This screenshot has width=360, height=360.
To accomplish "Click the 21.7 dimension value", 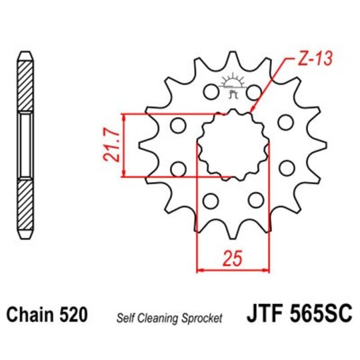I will (x=111, y=146).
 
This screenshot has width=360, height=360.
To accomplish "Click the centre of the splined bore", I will (x=233, y=145).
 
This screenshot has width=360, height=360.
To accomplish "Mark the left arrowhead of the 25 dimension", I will (x=199, y=271).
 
